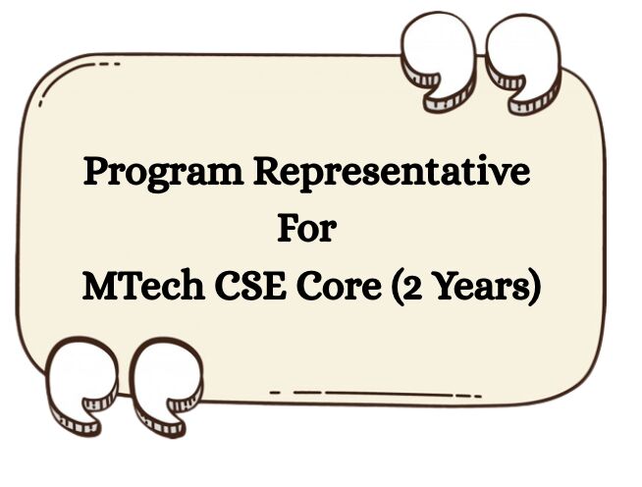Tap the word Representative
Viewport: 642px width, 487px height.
(x=392, y=174)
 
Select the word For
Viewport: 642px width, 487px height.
(x=306, y=230)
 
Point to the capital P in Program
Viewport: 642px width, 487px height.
(x=96, y=173)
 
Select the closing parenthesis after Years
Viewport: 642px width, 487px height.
(x=533, y=287)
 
